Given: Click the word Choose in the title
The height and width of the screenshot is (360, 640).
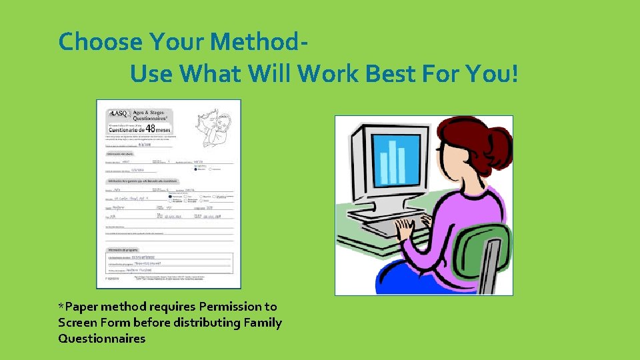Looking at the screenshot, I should click(101, 42).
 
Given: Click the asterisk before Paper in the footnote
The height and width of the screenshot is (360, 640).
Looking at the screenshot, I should click(61, 306).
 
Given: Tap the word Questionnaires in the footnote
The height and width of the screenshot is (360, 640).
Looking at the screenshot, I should click(101, 339).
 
